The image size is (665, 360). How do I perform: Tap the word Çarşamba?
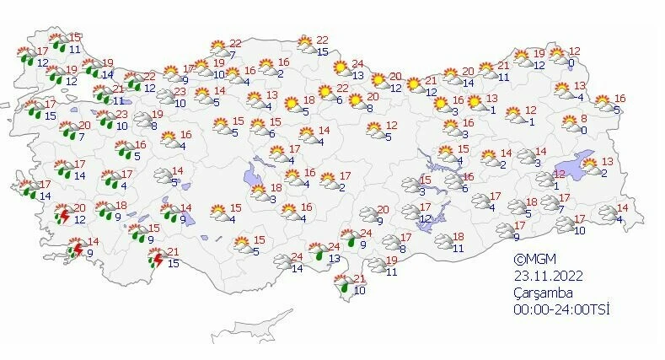(x=544, y=293)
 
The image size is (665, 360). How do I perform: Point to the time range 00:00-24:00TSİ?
(x=562, y=309)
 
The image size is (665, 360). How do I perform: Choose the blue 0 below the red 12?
(x=571, y=63)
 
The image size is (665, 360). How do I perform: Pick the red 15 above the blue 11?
(x=74, y=38)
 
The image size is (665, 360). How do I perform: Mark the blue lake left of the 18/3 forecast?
(x=252, y=177)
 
